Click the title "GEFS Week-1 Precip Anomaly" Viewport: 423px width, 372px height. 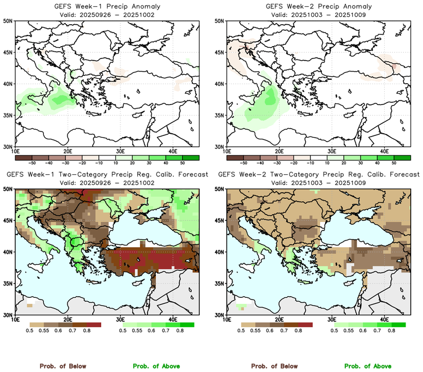click(106, 6)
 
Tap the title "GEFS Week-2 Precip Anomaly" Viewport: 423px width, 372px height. click(317, 6)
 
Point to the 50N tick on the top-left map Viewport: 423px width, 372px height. click(8, 21)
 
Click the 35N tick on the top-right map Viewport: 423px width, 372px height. click(220, 115)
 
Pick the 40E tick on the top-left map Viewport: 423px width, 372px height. click(173, 152)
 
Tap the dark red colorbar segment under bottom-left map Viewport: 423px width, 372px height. click(93, 325)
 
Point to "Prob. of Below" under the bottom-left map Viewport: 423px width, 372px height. click(62, 366)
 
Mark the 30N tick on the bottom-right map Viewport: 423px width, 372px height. click(220, 315)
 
